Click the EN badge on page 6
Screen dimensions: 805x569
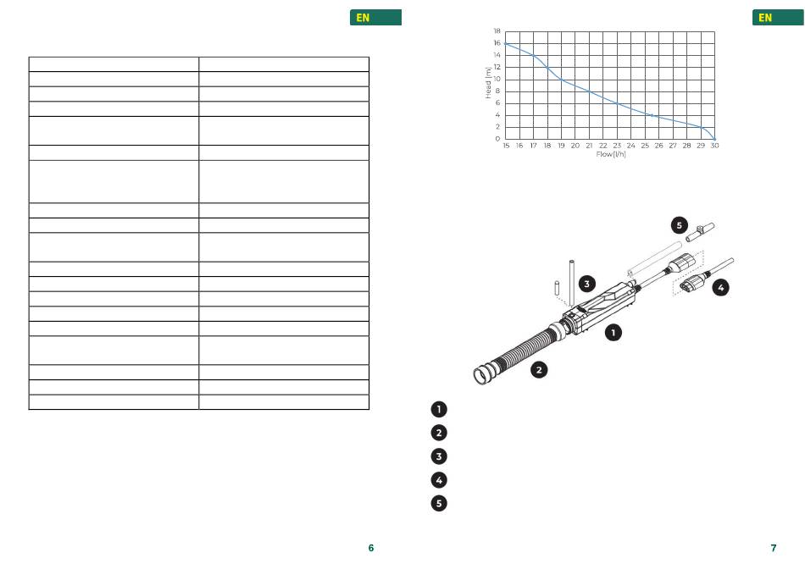(375, 18)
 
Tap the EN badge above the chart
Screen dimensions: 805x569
(778, 18)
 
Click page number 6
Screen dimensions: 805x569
(371, 548)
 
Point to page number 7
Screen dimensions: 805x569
(774, 548)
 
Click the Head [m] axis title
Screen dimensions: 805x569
(488, 83)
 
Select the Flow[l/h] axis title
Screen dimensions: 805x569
(611, 154)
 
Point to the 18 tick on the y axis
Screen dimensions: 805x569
(497, 31)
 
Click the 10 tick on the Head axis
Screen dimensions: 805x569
(497, 79)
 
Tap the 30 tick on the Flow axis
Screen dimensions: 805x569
(714, 146)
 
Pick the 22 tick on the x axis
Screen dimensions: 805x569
(603, 146)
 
